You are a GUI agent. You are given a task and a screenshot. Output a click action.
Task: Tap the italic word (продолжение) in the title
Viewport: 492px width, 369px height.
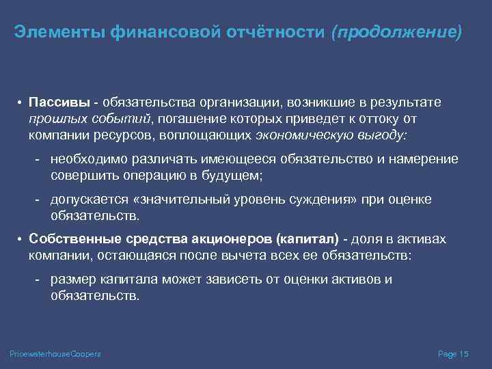(396, 32)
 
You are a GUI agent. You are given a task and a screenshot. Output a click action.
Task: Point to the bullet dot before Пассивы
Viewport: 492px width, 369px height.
(21, 103)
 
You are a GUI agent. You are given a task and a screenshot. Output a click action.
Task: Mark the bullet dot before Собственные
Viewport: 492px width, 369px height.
(21, 240)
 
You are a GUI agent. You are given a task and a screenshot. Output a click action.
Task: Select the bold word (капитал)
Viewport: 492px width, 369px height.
(307, 239)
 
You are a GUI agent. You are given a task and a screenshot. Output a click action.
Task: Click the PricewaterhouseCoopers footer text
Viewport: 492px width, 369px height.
(55, 354)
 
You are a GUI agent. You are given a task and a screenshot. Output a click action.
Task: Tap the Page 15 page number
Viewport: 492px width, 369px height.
(452, 354)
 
